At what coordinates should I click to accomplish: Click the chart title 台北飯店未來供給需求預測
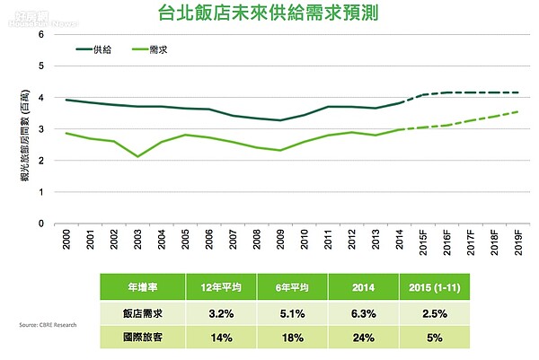[x=269, y=15]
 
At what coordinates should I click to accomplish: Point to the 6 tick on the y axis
[x=41, y=34]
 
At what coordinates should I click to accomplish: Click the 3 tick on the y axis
[x=41, y=129]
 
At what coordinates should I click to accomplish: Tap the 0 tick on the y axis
[x=41, y=224]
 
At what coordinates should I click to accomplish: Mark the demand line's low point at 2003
[x=138, y=156]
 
